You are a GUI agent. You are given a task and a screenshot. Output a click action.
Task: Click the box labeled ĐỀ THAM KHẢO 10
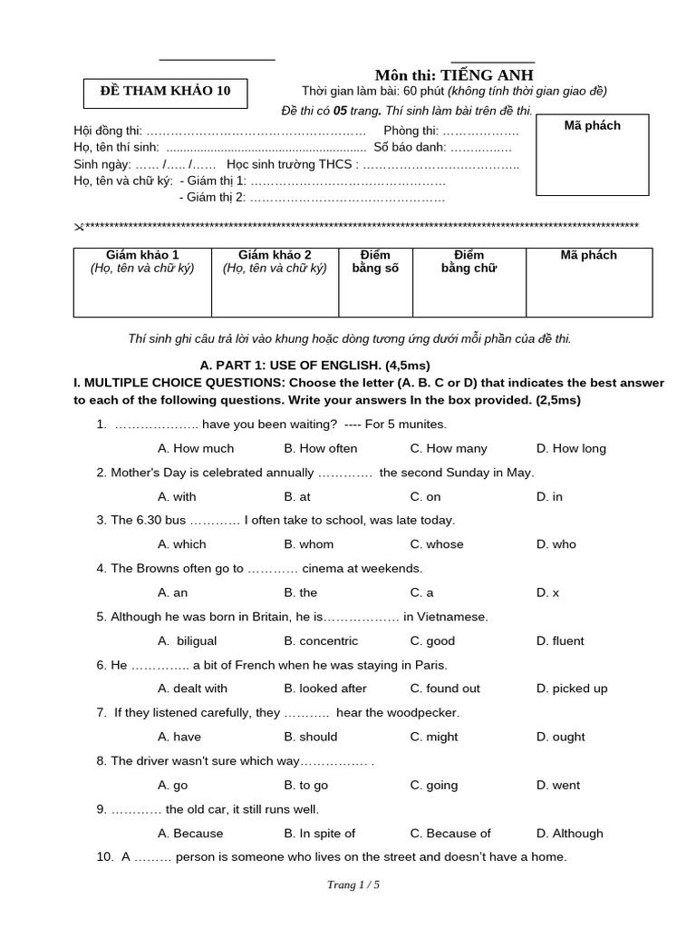click(x=164, y=91)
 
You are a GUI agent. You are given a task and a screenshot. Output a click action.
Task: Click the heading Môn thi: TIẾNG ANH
click(x=454, y=74)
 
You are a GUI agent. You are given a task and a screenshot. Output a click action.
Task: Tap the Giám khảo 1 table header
click(x=142, y=261)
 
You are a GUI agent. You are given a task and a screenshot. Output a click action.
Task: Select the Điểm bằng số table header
click(x=375, y=261)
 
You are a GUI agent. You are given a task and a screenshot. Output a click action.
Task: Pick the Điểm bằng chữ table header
click(x=469, y=261)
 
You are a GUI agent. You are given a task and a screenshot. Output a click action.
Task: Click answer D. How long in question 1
click(x=571, y=448)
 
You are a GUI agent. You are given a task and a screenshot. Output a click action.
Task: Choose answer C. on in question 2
click(x=425, y=496)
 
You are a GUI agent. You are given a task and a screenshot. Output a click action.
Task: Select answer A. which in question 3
click(x=181, y=544)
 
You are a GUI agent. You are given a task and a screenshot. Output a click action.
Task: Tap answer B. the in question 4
click(x=300, y=592)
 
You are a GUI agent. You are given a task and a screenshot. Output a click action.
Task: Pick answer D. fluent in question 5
click(x=560, y=641)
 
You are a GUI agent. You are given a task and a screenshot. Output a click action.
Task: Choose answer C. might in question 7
click(x=434, y=737)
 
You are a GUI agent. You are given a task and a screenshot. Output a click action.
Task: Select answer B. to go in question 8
click(x=305, y=785)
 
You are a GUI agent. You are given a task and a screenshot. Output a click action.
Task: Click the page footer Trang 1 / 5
click(x=353, y=886)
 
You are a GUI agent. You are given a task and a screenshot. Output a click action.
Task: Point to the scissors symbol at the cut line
click(x=78, y=227)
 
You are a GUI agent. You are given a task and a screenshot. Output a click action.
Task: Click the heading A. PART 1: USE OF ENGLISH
click(x=302, y=365)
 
